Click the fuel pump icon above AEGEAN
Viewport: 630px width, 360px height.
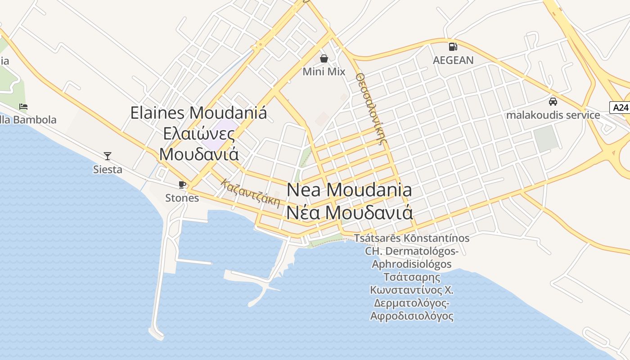[x=453, y=46]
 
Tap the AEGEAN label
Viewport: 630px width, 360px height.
[x=453, y=60]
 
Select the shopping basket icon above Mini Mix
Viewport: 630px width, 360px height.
[x=324, y=58]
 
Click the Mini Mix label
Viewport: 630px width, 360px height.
[x=324, y=72]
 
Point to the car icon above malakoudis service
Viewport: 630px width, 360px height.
[x=553, y=102]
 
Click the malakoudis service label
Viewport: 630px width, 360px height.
[x=553, y=115]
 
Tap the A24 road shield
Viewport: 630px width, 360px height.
[x=621, y=108]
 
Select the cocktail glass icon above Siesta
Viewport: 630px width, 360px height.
[x=108, y=156]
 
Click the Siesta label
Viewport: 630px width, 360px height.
[x=108, y=170]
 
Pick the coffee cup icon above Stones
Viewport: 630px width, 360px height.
[x=182, y=184]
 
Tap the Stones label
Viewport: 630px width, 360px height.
[x=182, y=198]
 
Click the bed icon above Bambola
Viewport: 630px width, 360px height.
[x=23, y=107]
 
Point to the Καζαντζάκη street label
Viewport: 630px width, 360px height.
[x=251, y=193]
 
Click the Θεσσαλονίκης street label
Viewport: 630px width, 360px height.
[x=372, y=108]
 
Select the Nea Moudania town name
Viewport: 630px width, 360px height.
[x=349, y=190]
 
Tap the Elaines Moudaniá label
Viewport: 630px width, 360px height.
[x=198, y=112]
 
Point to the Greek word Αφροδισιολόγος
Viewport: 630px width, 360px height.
[x=412, y=316]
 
